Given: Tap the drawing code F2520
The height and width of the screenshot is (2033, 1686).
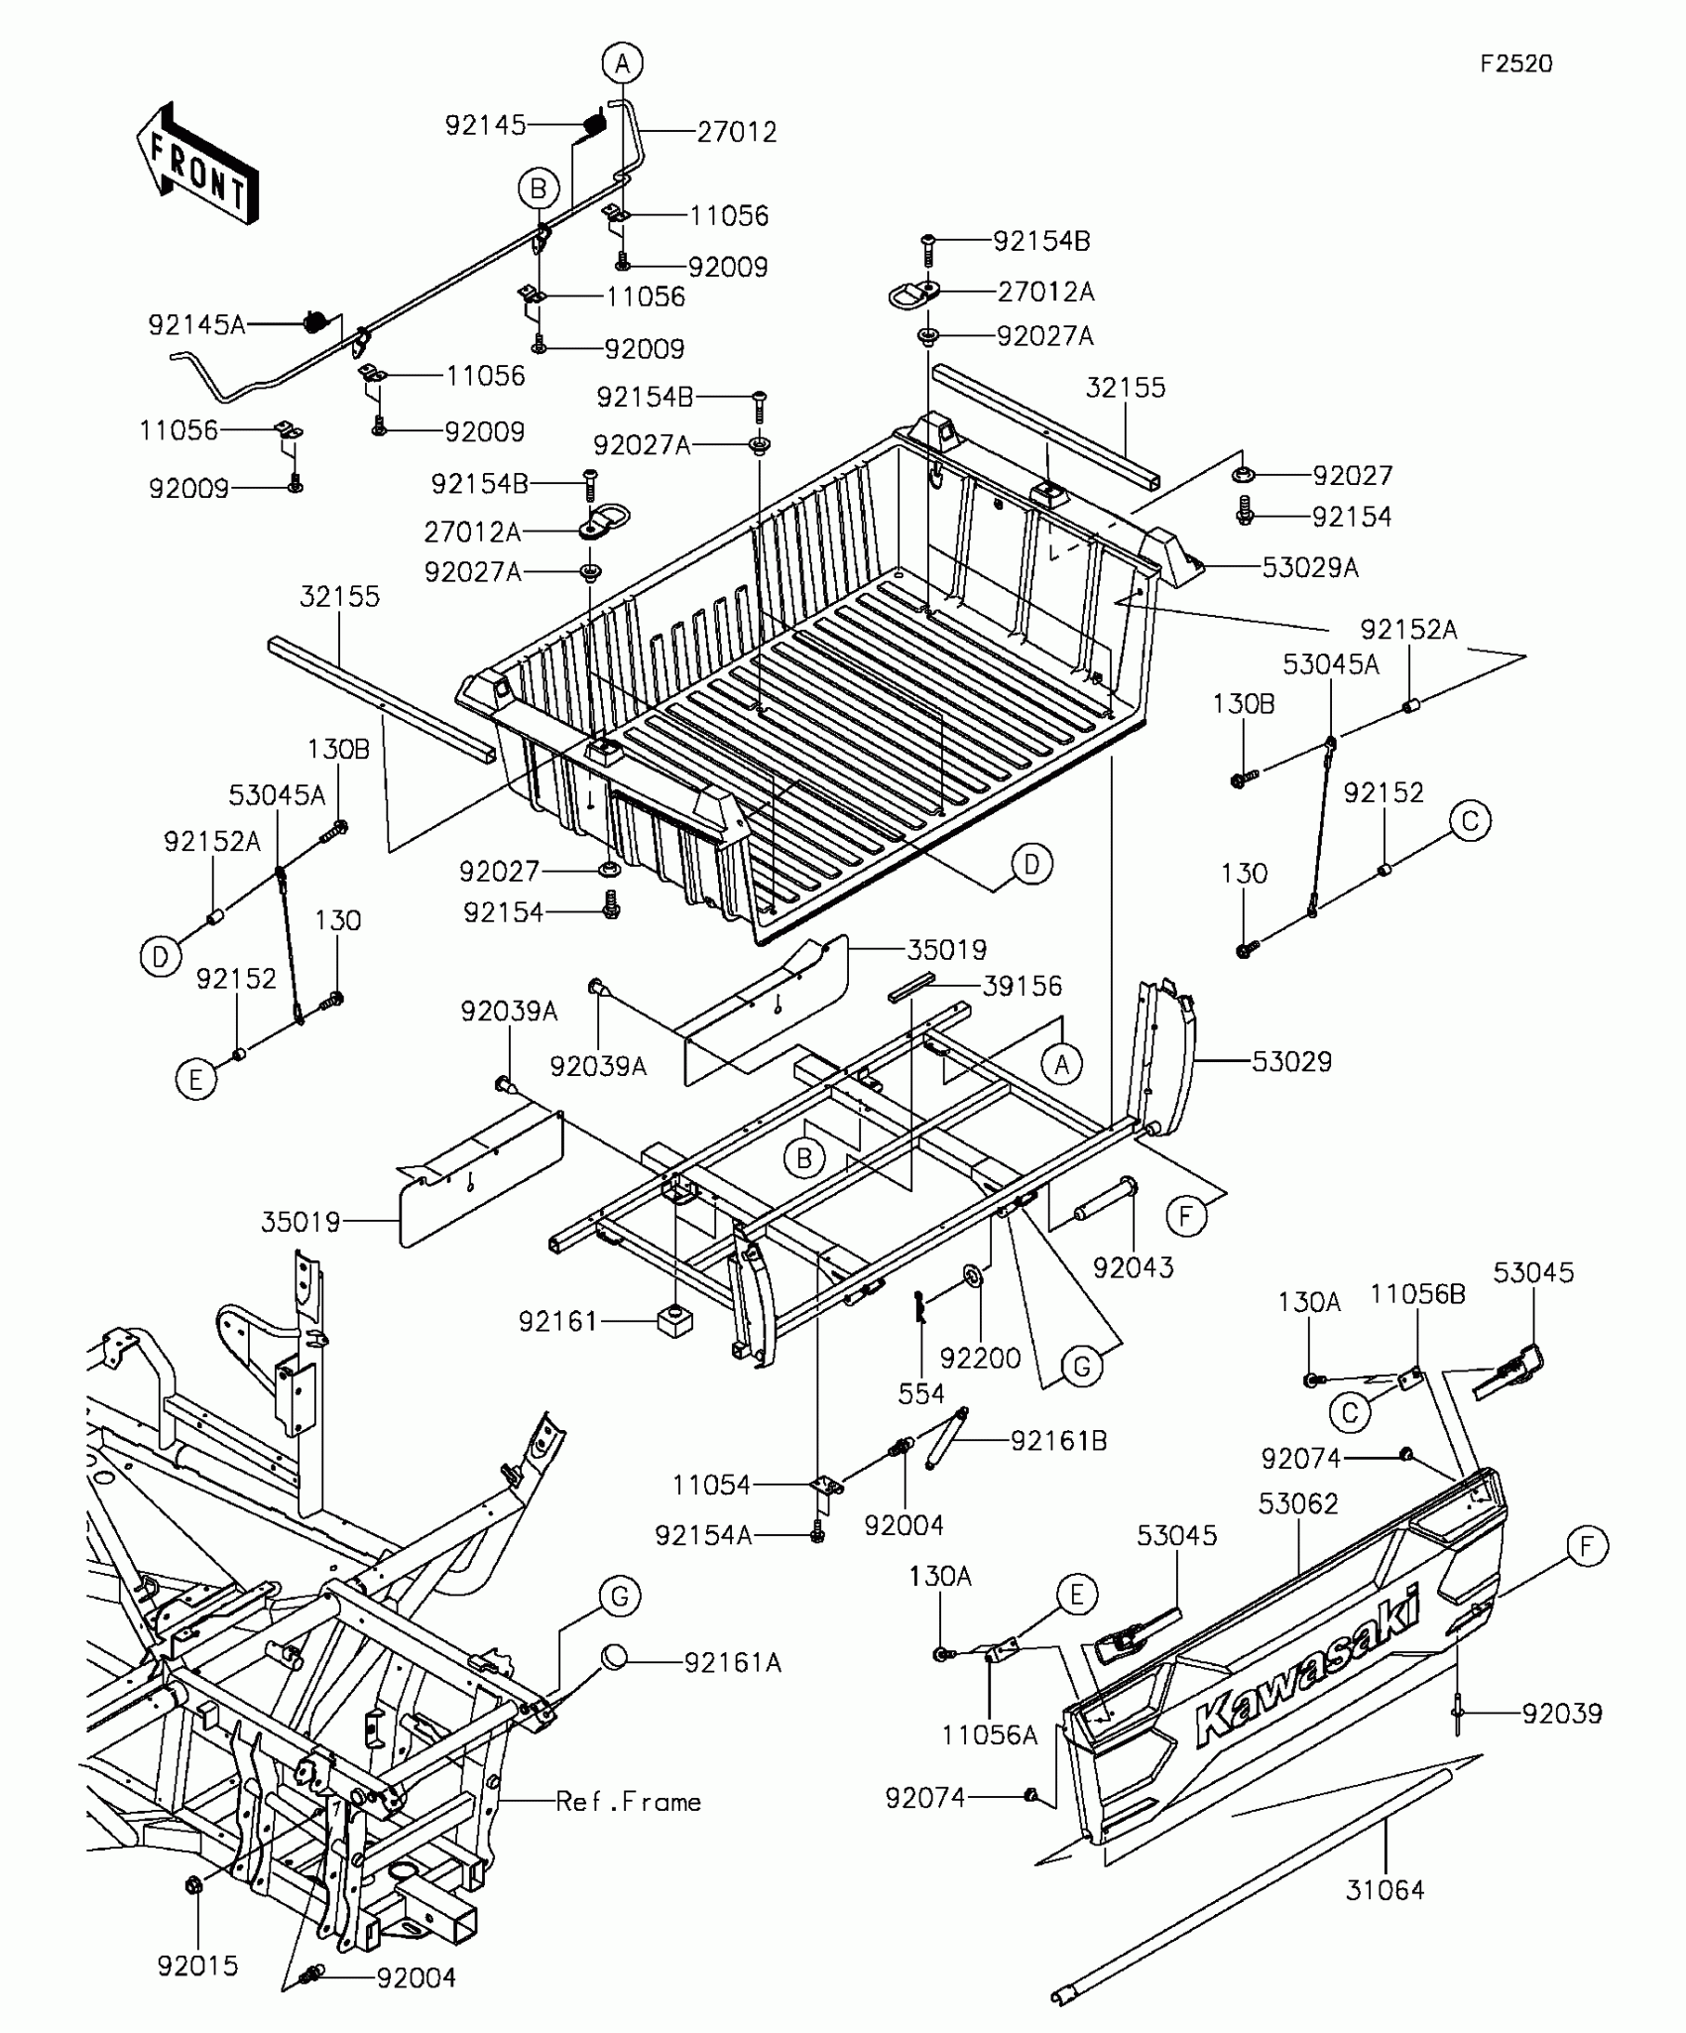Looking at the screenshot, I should (1515, 63).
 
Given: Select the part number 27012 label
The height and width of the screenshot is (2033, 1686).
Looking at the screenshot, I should (736, 132).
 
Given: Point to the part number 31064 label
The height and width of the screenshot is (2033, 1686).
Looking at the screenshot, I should (1385, 1890).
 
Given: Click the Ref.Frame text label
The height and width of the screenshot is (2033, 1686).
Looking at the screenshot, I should (628, 1802).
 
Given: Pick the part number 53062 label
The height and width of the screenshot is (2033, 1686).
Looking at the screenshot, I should (1298, 1504).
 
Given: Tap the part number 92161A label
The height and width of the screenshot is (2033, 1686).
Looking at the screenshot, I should (732, 1662).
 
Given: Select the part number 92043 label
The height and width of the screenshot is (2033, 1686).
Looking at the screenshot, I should (1133, 1267).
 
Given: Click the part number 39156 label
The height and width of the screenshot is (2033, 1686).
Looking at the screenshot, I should (1022, 986).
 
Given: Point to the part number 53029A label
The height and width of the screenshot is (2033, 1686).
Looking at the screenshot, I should (1309, 567).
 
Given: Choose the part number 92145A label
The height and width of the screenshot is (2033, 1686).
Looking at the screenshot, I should (196, 324).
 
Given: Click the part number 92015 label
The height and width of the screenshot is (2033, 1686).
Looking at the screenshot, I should (197, 1966).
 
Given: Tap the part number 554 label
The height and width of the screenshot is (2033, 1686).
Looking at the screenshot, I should (920, 1393).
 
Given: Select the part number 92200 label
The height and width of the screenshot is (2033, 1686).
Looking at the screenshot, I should (980, 1358).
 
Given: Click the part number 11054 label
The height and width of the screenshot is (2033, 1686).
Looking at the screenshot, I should (711, 1485).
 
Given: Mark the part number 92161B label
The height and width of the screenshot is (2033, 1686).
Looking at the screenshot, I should (1058, 1440).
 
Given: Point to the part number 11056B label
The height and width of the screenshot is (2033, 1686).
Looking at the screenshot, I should (1417, 1294).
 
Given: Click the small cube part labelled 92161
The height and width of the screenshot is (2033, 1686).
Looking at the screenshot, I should (674, 1321).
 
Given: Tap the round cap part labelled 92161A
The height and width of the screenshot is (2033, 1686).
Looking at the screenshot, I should (615, 1657).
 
